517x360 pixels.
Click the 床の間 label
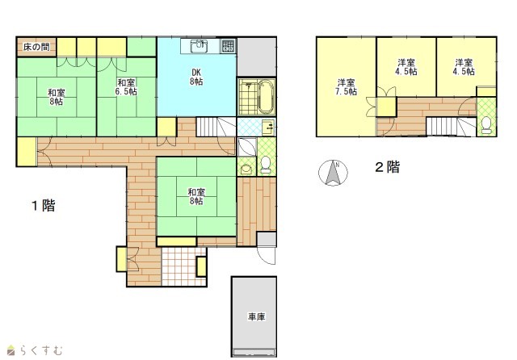(x=36, y=47)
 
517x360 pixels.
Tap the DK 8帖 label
(x=196, y=77)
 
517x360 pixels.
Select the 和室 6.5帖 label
(x=126, y=87)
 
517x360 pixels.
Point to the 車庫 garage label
(x=257, y=317)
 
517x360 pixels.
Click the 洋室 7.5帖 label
(x=346, y=87)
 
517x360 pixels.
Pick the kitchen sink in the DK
(x=200, y=46)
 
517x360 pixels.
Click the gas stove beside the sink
(x=228, y=46)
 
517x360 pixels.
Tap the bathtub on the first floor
(x=267, y=97)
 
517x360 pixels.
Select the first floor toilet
(x=266, y=165)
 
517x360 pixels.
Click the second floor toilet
(x=486, y=125)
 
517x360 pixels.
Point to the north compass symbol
(x=333, y=173)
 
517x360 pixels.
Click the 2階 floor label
(x=388, y=167)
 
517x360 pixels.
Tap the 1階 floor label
(x=44, y=206)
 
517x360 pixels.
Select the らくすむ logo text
(x=41, y=350)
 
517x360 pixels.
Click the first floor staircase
(x=216, y=127)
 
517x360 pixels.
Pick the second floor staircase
(x=451, y=126)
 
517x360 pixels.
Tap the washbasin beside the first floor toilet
(x=246, y=169)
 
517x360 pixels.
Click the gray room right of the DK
(x=257, y=57)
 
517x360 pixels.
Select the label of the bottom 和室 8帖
(x=196, y=196)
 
